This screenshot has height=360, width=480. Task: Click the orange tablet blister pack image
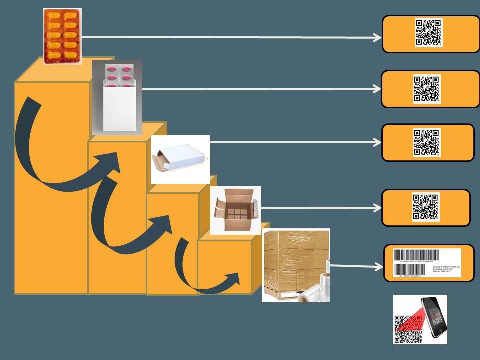62,36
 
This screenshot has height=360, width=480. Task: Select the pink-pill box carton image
117,97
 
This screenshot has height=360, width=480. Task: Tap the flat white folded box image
180,159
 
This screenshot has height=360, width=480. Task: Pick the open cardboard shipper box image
235,210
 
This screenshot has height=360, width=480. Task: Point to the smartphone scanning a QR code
433,317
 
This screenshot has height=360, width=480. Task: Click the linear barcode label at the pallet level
428,263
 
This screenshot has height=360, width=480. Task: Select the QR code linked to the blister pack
429,33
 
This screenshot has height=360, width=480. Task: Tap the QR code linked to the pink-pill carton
427,89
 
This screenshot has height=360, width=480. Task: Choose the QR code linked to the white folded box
427,143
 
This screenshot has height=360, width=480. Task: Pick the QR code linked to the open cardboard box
426,207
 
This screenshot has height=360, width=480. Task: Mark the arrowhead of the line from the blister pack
378,38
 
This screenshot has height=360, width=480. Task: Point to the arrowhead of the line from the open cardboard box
377,208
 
